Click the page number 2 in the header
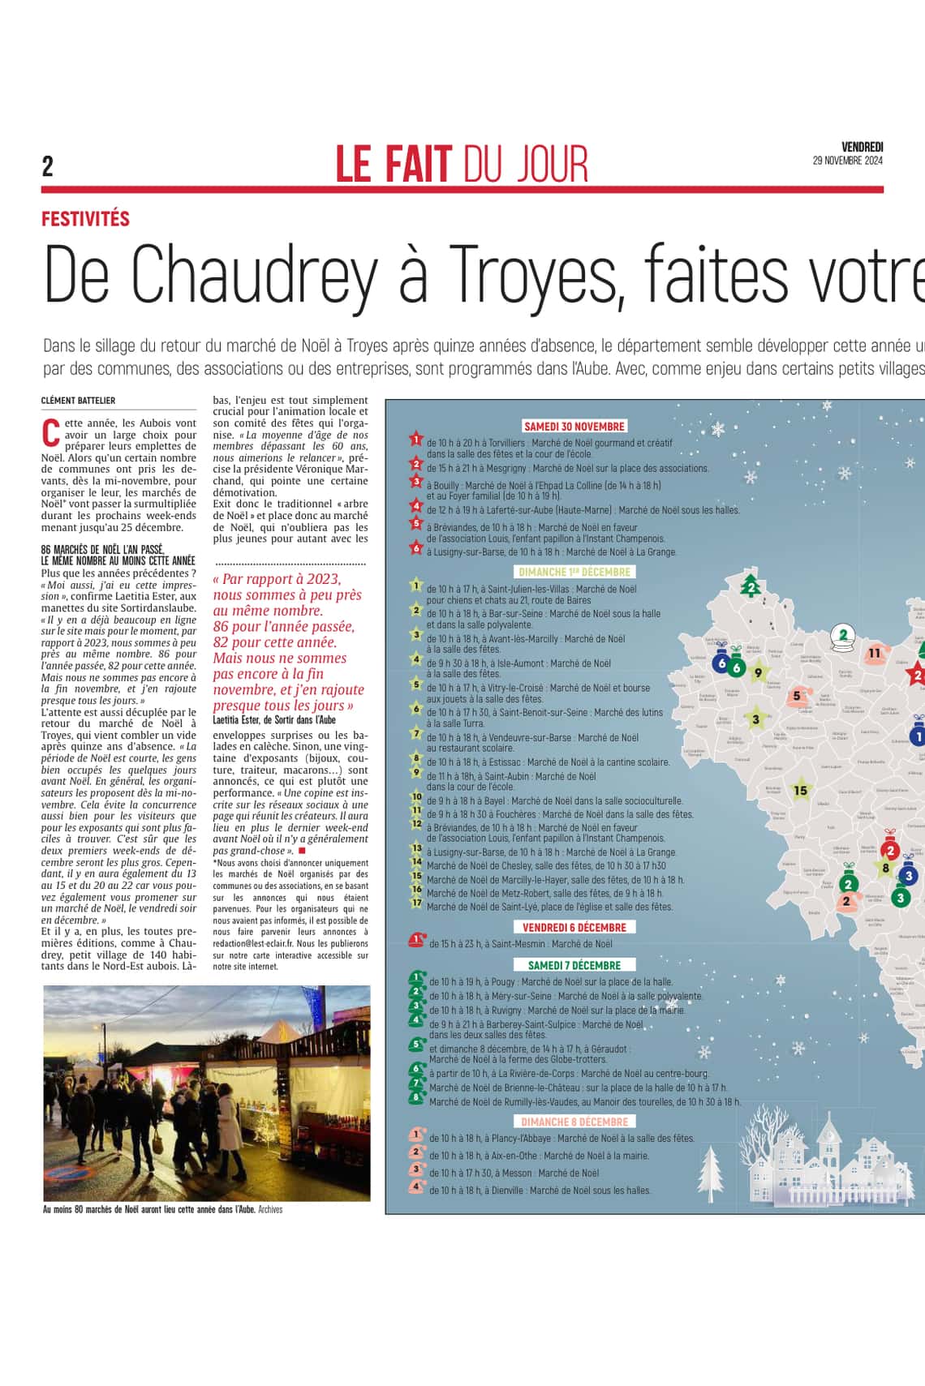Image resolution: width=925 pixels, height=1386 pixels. (48, 166)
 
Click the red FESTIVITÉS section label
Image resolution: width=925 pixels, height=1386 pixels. (85, 218)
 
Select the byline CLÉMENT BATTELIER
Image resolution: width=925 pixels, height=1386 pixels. (78, 401)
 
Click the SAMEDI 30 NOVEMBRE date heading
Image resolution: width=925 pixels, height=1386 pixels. (574, 427)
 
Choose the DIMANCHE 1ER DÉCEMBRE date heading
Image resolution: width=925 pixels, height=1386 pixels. (574, 572)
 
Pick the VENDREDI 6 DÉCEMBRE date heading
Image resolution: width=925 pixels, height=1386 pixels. (574, 927)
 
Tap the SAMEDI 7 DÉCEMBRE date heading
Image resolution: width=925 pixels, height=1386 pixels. (574, 965)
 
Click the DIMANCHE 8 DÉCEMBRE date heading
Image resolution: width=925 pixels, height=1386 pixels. (574, 1122)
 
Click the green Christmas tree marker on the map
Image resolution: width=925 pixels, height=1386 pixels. (751, 586)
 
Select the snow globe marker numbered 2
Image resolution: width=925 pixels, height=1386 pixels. (844, 637)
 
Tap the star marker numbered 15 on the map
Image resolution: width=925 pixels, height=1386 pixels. (801, 790)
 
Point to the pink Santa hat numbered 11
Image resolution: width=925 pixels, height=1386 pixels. (874, 654)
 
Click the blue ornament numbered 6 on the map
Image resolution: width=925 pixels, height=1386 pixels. (721, 663)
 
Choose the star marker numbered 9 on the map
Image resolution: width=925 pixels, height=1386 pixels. (759, 672)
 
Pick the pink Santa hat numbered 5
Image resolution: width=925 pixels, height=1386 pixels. (797, 696)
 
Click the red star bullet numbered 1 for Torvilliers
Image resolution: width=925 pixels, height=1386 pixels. (416, 440)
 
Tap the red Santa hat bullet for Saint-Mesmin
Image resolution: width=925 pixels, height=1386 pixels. (416, 941)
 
